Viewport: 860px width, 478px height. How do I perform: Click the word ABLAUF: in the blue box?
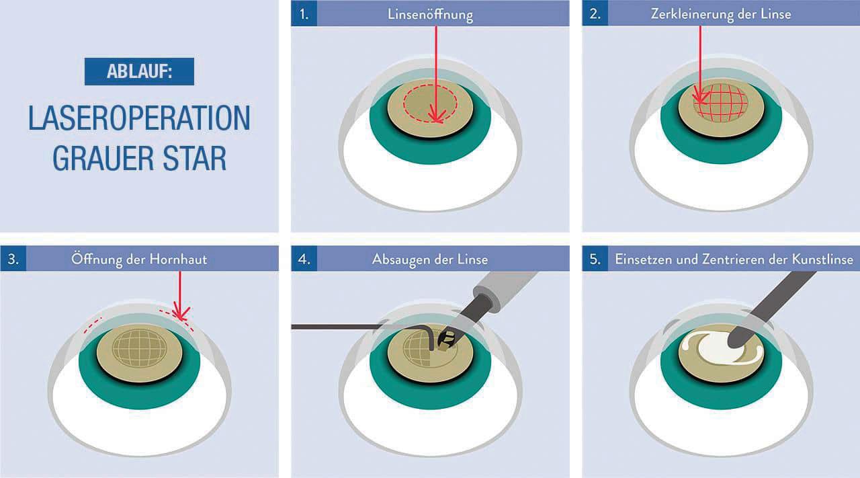click(139, 71)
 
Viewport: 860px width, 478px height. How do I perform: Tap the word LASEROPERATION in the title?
click(139, 118)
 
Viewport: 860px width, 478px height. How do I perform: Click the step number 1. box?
click(304, 13)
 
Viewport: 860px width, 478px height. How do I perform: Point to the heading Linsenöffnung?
click(430, 14)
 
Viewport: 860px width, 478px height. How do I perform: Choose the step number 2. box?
click(595, 13)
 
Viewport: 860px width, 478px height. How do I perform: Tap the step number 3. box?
click(13, 259)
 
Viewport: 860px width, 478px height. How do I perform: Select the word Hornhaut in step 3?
click(178, 259)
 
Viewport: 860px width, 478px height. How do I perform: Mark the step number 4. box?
click(304, 259)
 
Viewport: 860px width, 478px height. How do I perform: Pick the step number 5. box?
click(595, 259)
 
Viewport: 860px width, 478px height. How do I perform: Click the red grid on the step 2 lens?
click(721, 104)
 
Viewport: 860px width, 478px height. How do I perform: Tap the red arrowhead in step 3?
click(181, 313)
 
